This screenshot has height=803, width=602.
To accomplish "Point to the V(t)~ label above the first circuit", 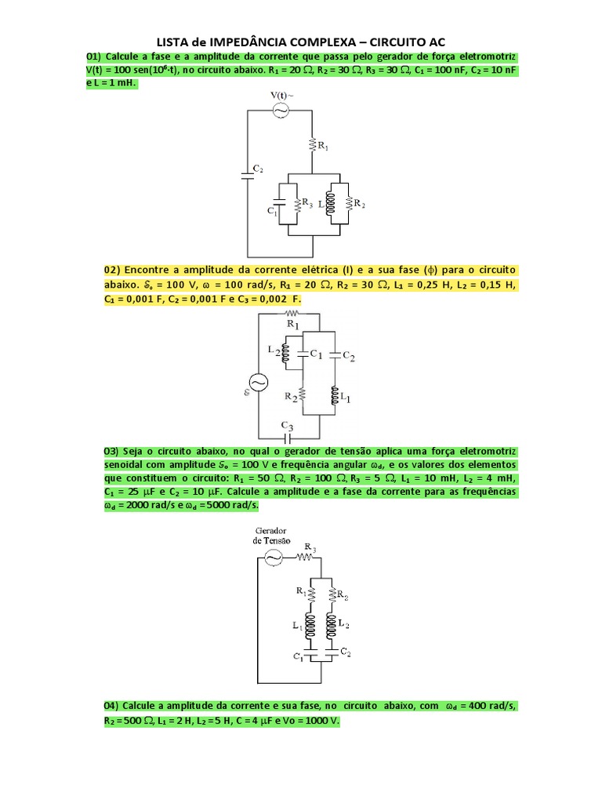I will pyautogui.click(x=282, y=96).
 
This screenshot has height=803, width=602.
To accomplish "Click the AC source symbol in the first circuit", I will pyautogui.click(x=281, y=111).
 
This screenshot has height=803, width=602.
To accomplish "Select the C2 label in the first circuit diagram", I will pyautogui.click(x=257, y=169).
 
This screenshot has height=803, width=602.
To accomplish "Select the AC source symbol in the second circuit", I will pyautogui.click(x=258, y=382).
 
